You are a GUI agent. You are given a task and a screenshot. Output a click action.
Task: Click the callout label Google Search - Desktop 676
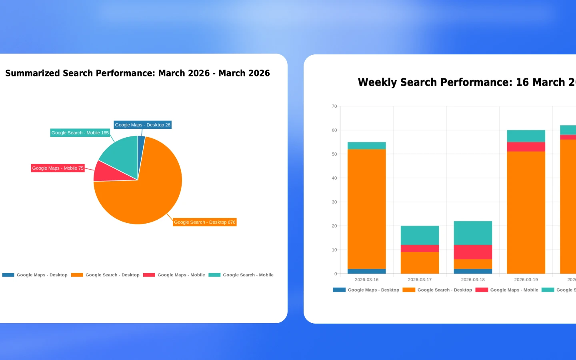pos(204,222)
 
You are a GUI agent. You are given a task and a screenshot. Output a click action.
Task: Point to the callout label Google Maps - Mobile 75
pos(58,168)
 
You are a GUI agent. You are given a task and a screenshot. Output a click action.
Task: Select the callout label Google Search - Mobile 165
pos(80,132)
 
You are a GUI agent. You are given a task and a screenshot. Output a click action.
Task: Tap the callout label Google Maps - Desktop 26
pos(142,125)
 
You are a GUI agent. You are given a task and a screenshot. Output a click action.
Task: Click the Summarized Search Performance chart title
pos(137,73)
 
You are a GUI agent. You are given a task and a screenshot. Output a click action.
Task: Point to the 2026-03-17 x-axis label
pos(420,280)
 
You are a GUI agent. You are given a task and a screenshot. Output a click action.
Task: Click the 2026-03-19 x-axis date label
pos(526,280)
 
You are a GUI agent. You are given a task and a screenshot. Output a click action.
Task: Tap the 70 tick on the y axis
pos(334,106)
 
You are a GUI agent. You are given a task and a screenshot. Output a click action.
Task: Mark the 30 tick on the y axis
pos(334,202)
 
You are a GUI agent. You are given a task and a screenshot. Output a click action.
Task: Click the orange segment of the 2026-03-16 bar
pos(366,208)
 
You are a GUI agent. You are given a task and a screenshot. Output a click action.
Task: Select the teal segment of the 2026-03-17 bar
pos(420,235)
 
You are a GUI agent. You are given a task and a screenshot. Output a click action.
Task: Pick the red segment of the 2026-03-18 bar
pos(473,252)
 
